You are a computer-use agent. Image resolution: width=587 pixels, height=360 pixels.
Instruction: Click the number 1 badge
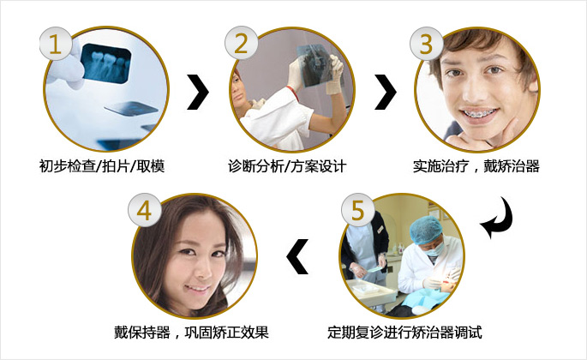coord(56,44)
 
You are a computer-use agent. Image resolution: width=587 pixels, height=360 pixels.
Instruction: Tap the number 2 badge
coord(241,43)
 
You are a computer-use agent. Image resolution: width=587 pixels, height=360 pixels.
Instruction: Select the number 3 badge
coord(427,44)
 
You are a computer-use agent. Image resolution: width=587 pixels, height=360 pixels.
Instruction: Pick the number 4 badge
coord(145,210)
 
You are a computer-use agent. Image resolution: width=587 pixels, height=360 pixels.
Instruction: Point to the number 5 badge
coord(357,210)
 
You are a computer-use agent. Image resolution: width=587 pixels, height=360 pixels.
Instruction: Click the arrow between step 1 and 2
coord(198,93)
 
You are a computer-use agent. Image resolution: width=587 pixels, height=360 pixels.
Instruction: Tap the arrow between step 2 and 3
coord(386,93)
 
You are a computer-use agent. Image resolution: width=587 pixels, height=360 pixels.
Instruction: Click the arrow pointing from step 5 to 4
coord(297,256)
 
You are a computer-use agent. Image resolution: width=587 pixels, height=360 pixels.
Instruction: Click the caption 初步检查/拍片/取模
coord(102,166)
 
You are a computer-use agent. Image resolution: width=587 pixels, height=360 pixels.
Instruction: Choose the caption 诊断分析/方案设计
coord(287,166)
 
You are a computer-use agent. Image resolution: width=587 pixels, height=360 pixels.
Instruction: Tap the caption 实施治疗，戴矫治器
coord(476,166)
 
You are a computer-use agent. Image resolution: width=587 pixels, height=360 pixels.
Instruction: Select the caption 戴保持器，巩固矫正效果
coord(191,333)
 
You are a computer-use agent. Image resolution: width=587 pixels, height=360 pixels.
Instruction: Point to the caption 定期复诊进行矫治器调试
coord(404,333)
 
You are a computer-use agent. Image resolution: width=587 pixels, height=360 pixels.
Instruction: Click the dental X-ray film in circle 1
coord(106,63)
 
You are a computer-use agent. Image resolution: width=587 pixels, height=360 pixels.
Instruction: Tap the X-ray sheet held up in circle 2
coord(314,65)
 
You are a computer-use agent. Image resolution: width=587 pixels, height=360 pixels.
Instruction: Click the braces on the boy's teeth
coord(480,113)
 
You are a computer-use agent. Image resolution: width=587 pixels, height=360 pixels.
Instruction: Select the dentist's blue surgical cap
coord(426,230)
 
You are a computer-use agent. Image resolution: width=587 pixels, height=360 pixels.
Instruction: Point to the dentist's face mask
coord(435,249)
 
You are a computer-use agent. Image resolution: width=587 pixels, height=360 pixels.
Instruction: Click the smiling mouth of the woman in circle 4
coord(198,289)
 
